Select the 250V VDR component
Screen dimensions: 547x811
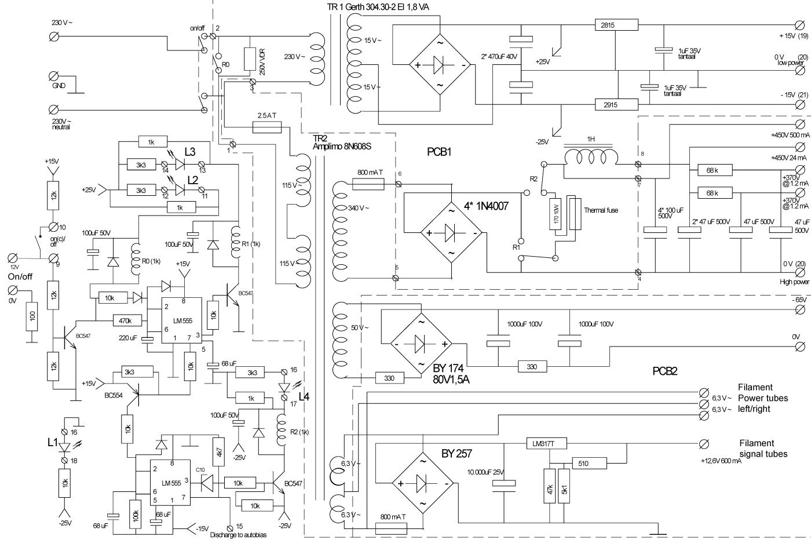tap(250, 60)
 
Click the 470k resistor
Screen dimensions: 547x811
tap(126, 320)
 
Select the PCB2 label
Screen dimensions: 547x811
tap(664, 371)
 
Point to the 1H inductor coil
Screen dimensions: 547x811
tap(590, 157)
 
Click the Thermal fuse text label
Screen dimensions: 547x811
tap(601, 210)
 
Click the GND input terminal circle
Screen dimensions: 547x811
tap(55, 76)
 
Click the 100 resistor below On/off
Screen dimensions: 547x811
tap(32, 316)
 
